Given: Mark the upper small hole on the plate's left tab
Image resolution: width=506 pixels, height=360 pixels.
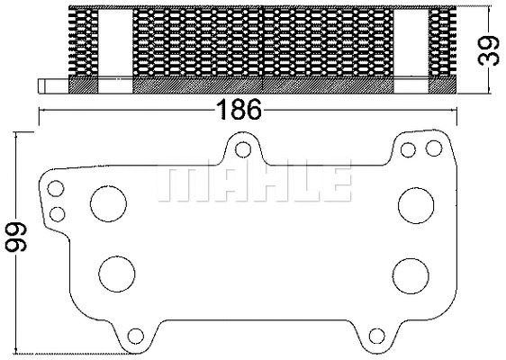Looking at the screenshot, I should [x=57, y=189].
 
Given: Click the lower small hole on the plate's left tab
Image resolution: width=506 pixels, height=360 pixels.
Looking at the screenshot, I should [x=58, y=214].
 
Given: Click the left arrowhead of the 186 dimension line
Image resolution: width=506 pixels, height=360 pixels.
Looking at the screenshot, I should [x=41, y=111].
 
